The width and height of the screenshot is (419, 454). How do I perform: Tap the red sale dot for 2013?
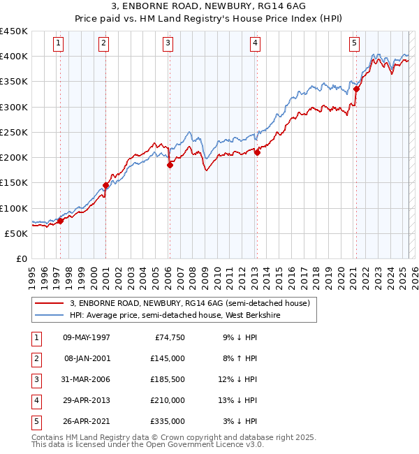256,152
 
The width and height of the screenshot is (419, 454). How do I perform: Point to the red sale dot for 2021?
356,89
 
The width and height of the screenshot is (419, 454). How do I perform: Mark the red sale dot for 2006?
170,165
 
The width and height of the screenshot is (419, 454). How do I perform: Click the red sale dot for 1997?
60,221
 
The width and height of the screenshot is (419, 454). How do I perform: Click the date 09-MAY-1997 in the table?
87,337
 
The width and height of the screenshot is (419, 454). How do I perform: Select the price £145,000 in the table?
168,358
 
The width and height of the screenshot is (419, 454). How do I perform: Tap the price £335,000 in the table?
168,421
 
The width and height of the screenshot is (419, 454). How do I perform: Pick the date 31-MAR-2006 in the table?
87,379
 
